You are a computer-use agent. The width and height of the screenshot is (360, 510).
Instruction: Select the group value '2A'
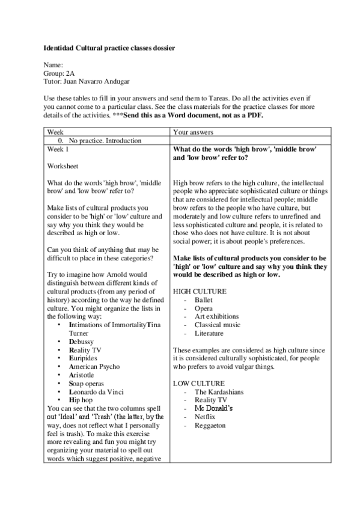click(x=71, y=72)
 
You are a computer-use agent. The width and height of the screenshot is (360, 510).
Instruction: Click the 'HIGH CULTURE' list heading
click(x=200, y=291)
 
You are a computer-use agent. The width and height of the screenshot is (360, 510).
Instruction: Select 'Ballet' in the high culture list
click(x=204, y=300)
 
